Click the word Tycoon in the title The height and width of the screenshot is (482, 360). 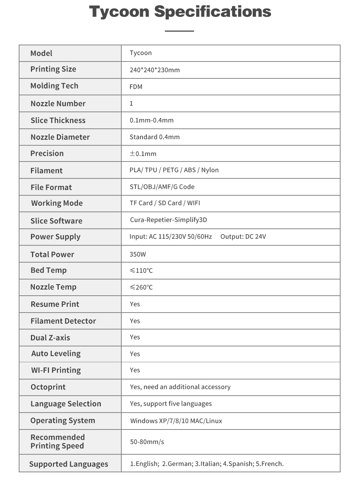(119, 12)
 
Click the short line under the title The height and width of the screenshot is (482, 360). (179, 31)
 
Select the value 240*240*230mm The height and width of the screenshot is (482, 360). (155, 70)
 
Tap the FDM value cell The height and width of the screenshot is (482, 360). (136, 87)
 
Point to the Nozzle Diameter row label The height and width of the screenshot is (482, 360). (60, 137)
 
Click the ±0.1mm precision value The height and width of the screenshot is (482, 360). (143, 154)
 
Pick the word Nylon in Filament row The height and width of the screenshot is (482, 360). (210, 170)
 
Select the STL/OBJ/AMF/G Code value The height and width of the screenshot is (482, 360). (162, 187)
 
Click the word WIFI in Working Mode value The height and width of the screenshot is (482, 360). (194, 203)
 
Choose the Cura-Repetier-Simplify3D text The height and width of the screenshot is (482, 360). (168, 220)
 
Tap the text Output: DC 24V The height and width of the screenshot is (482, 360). (243, 237)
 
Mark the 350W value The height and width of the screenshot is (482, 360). (138, 254)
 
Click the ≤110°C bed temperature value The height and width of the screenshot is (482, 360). (141, 270)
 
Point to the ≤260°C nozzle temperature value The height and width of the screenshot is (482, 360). (141, 287)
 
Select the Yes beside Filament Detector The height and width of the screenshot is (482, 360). (135, 321)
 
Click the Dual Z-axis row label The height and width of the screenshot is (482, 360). (50, 338)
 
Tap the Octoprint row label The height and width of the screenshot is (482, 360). (48, 387)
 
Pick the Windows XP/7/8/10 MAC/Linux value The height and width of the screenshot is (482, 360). (176, 421)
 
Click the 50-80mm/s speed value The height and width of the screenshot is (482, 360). (147, 442)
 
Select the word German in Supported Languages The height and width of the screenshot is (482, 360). (180, 464)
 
